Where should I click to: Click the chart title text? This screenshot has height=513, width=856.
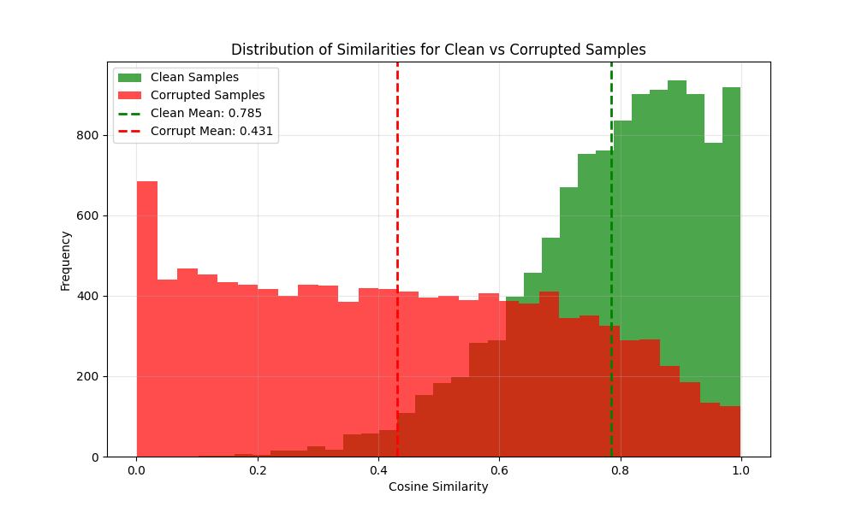click(x=438, y=50)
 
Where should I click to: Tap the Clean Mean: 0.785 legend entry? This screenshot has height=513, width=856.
click(x=205, y=113)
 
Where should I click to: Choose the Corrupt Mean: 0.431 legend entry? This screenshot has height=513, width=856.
click(x=211, y=131)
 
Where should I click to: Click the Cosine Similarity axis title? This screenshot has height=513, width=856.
click(x=438, y=486)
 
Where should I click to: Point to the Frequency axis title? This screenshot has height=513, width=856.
click(x=66, y=260)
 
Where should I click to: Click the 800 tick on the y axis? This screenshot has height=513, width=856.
click(x=88, y=135)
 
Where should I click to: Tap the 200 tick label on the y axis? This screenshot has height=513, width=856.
click(x=88, y=376)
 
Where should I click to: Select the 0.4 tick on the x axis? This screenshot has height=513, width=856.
click(x=377, y=469)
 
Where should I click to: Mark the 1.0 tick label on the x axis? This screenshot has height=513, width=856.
click(x=740, y=469)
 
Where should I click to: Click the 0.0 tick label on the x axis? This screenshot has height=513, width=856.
click(x=136, y=469)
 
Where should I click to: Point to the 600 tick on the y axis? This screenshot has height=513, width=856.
click(x=88, y=215)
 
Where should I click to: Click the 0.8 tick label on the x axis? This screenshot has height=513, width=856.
click(x=620, y=469)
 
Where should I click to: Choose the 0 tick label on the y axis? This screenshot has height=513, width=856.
click(x=95, y=457)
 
